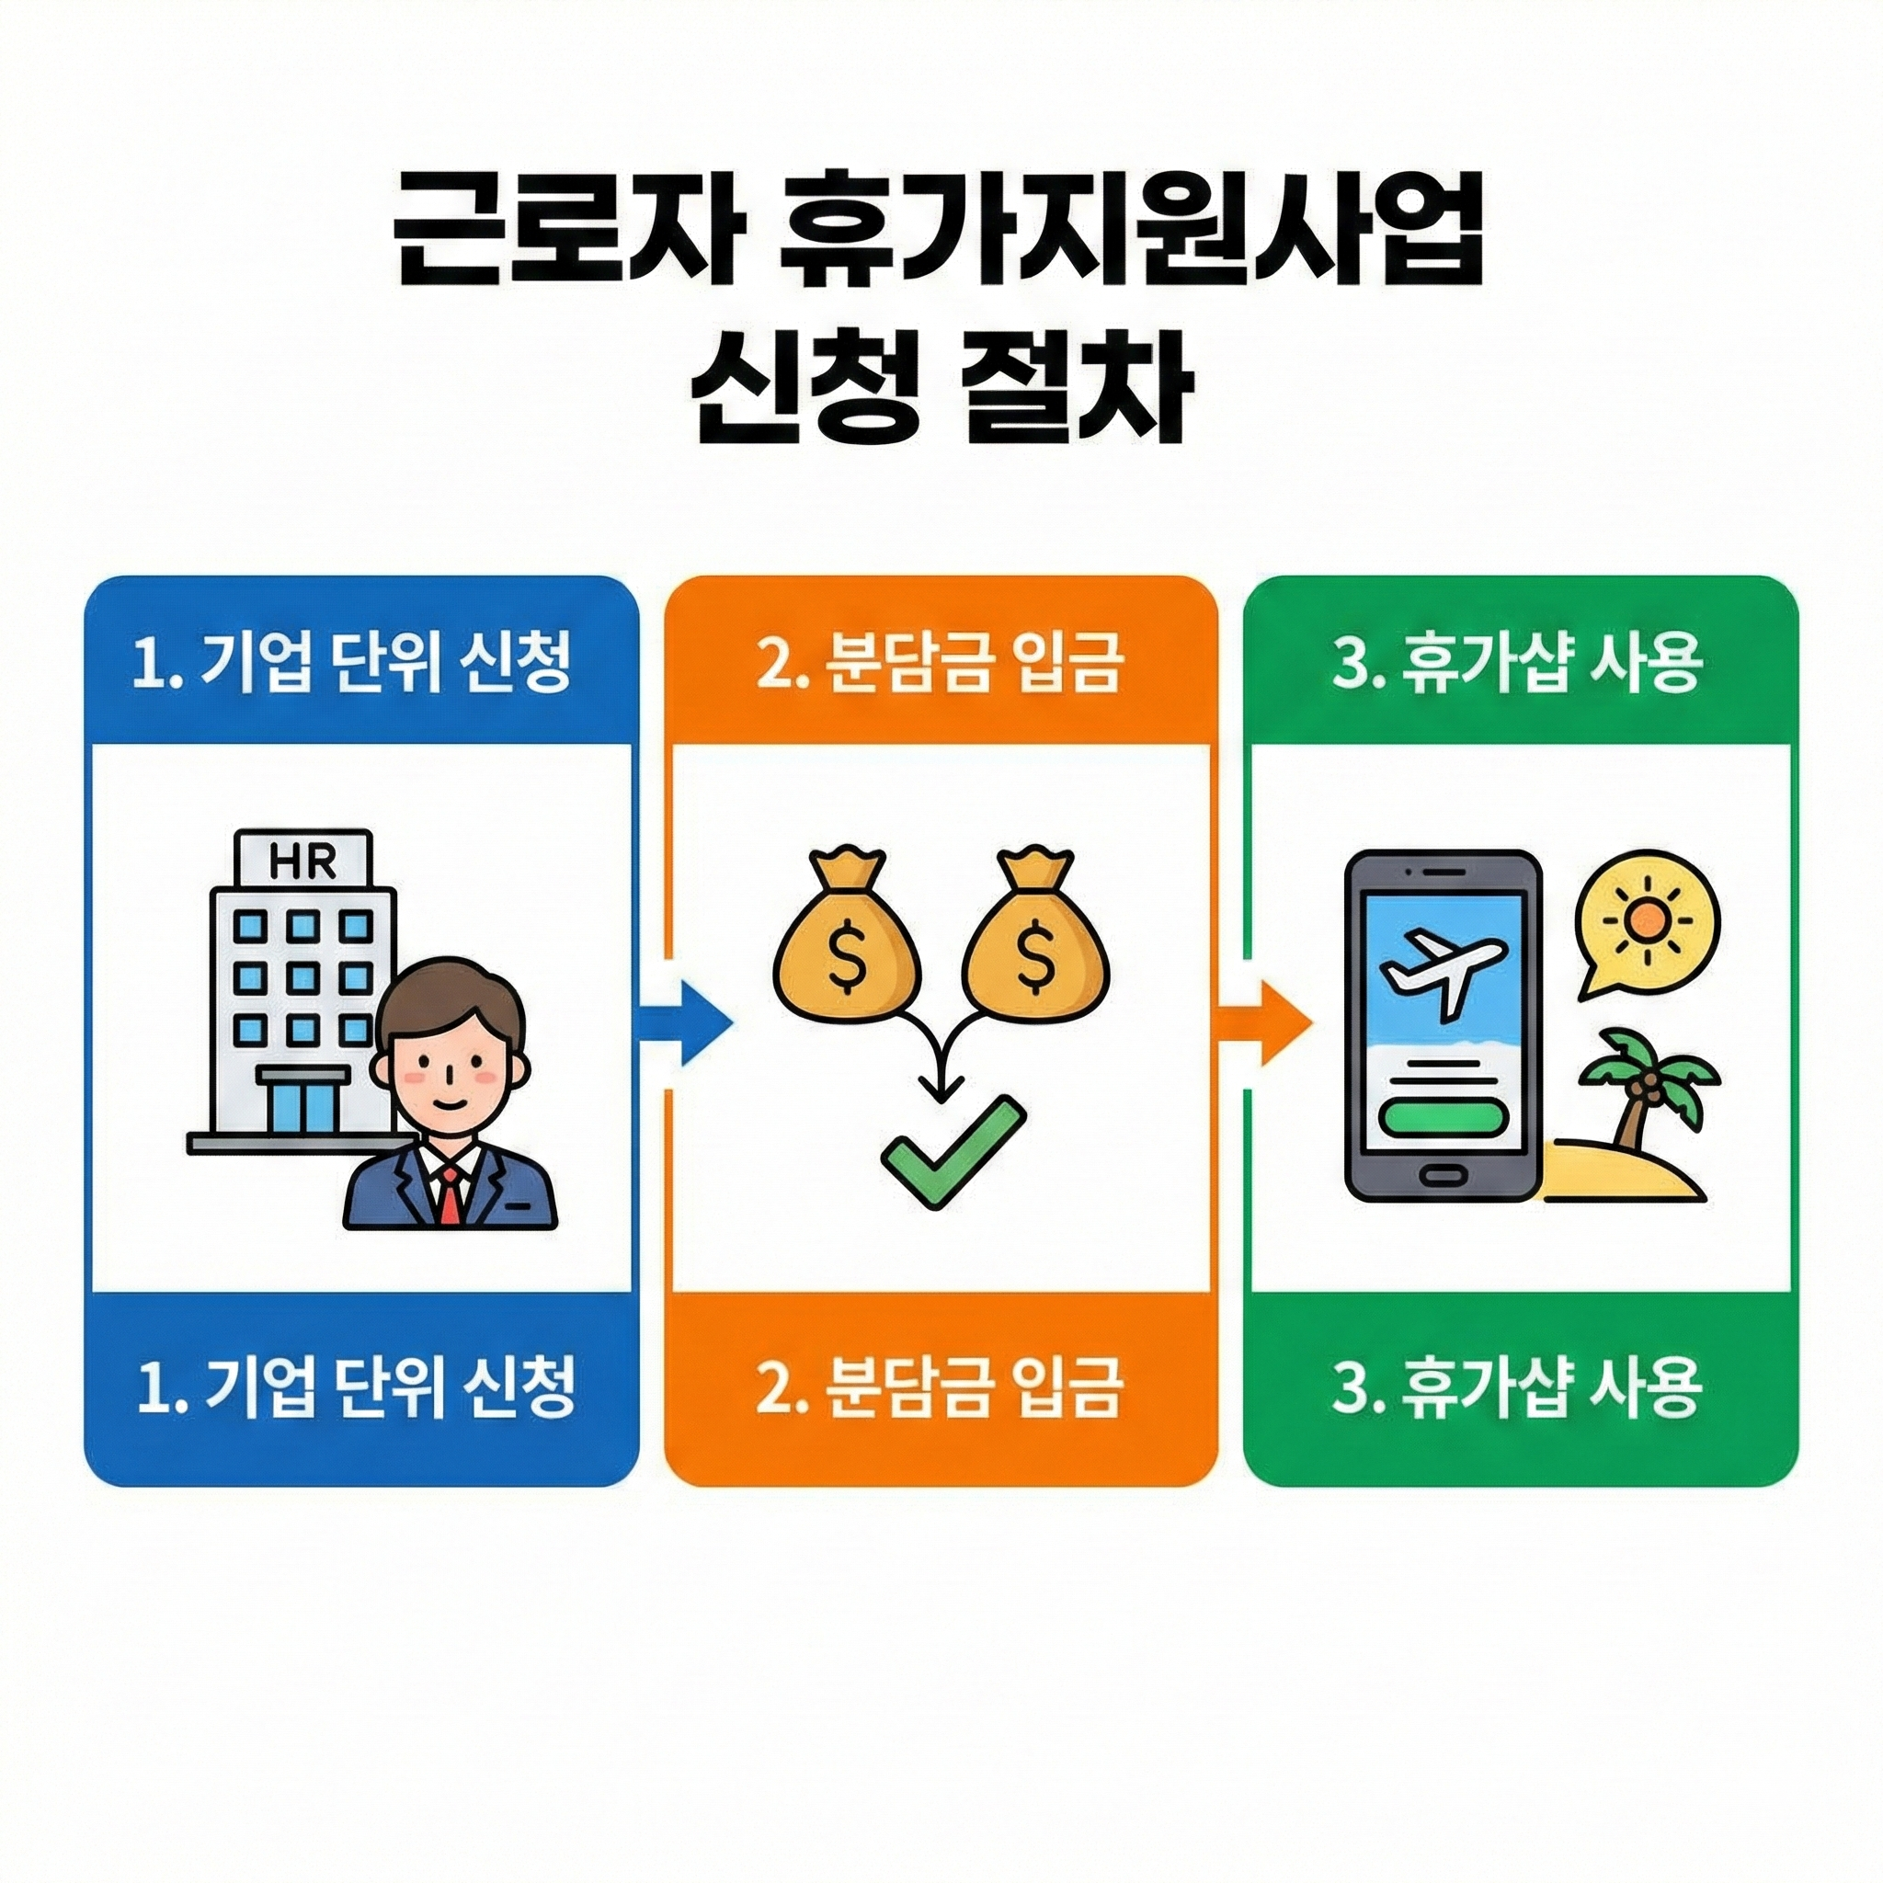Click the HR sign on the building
coord(302,862)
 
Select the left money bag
coord(847,939)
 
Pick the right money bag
coord(1034,939)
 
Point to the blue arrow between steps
coord(684,1023)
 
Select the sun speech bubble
coord(1645,926)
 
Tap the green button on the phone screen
coord(1442,1117)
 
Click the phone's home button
coord(1443,1174)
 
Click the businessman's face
coord(451,1067)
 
